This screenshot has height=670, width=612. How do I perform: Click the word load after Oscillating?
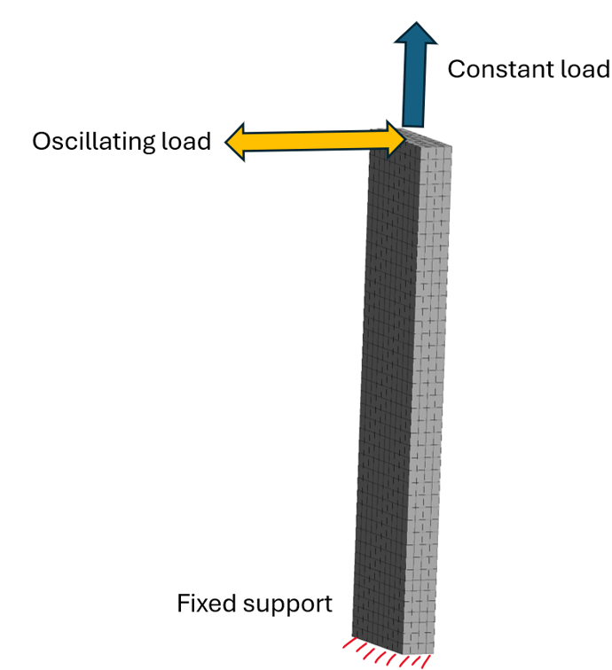click(x=187, y=142)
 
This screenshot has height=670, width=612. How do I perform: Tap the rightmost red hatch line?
click(x=425, y=661)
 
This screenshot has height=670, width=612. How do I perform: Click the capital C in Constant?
click(x=456, y=69)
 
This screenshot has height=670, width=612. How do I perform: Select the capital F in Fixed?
click(x=184, y=604)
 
